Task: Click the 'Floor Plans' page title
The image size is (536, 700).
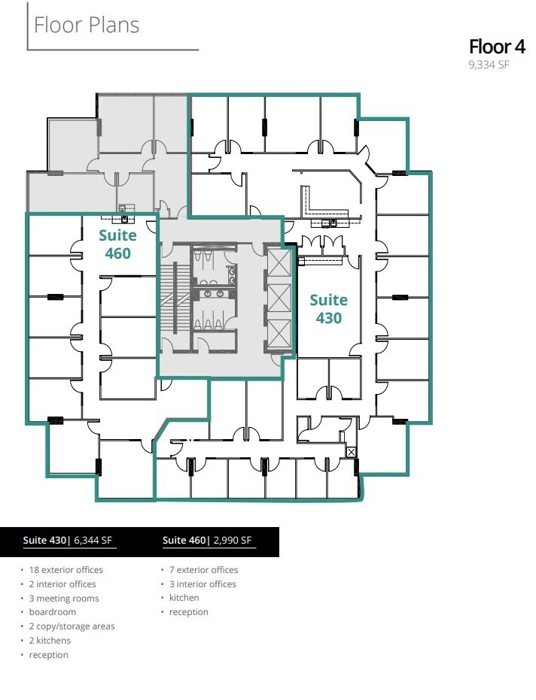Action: coord(87,25)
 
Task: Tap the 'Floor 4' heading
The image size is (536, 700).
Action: coord(497,47)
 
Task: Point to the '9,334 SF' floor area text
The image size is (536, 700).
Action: coord(489,65)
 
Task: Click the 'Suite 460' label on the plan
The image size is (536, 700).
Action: coord(117,244)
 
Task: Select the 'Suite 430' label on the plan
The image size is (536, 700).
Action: coord(328,309)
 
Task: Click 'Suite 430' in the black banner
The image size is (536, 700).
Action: coord(44,540)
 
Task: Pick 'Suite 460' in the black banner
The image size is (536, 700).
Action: coord(184,540)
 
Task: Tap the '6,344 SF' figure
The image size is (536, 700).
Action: coord(93,540)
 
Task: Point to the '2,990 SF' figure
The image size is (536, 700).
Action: coord(233,540)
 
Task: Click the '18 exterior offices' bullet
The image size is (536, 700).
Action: coord(65,570)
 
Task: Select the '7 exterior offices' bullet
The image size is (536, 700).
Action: coord(203,570)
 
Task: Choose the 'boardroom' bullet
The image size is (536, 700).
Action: coord(52,612)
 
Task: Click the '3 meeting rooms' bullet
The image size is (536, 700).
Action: coord(64,598)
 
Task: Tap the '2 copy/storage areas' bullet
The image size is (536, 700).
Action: coord(72,626)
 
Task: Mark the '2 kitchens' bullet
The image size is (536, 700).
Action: coord(50,641)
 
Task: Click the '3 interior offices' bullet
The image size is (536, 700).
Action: coord(203,584)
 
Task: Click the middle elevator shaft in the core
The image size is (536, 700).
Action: coord(279,298)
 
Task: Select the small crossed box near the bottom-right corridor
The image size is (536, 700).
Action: coord(352,452)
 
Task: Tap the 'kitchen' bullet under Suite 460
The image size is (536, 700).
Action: coord(184,598)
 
